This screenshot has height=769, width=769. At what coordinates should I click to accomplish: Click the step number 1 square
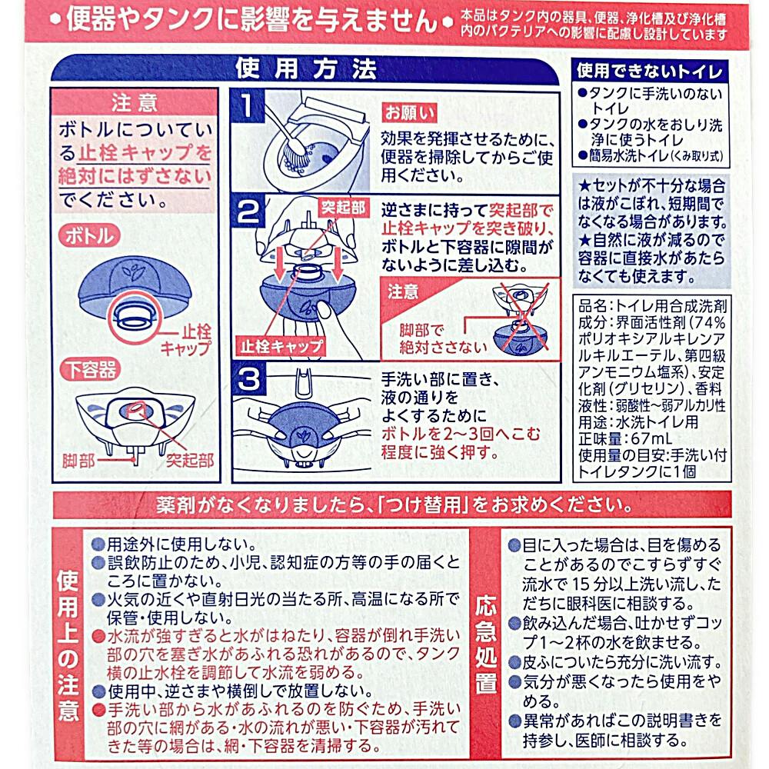tap(248, 105)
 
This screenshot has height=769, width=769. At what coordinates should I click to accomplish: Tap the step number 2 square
tap(248, 211)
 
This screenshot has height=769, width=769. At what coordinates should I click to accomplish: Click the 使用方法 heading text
tap(305, 68)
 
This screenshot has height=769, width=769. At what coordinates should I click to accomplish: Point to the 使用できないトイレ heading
tap(650, 71)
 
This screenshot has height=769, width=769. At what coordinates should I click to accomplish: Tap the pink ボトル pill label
tap(89, 236)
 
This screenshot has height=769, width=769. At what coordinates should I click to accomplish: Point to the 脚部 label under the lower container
tap(78, 461)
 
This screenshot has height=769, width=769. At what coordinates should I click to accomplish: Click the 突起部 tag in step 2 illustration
tap(343, 208)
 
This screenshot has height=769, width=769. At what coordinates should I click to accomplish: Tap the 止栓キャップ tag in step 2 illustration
tap(281, 347)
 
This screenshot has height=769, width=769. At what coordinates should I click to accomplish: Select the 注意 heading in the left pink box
tap(134, 103)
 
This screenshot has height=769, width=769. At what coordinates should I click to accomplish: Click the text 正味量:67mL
tap(625, 438)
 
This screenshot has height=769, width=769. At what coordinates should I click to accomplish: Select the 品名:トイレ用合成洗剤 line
tap(652, 307)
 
